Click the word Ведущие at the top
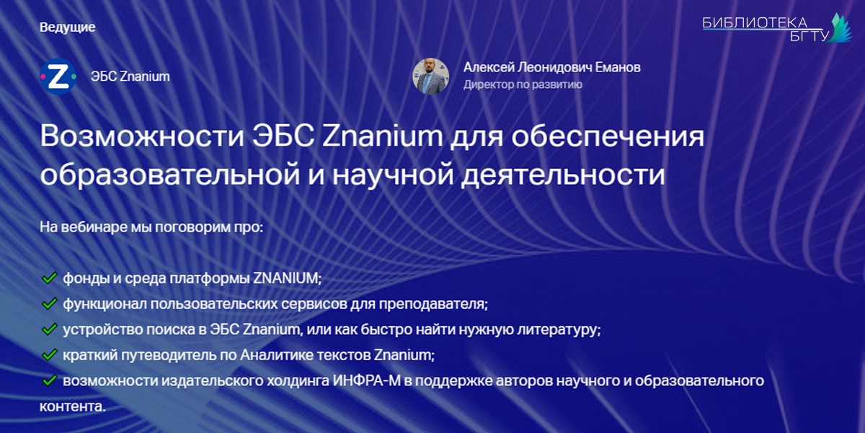[68, 27]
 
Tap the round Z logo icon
[58, 76]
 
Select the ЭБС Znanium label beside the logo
[130, 76]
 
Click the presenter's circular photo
[430, 76]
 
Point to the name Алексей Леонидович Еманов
[552, 67]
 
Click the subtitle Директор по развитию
[523, 84]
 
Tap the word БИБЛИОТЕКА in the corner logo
[755, 23]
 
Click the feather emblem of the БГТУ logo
[840, 28]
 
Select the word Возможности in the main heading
[142, 136]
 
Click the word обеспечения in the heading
[608, 136]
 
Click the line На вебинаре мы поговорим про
[151, 227]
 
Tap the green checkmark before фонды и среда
[50, 278]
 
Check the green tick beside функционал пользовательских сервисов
[50, 304]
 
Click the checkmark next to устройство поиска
[50, 329]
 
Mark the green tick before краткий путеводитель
[50, 354]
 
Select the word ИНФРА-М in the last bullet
[367, 381]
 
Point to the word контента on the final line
[73, 407]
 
